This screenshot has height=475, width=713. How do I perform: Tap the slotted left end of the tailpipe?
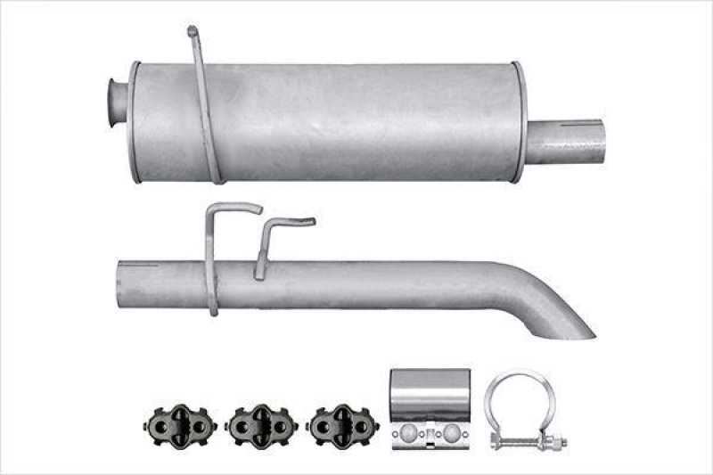coord(129,282)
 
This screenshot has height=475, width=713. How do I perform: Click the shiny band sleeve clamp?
coord(430,397)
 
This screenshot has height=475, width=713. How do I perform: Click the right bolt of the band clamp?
coord(452,434)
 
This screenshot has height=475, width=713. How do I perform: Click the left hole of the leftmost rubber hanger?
coord(157,426)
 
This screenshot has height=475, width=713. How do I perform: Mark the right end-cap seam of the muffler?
coord(518,122)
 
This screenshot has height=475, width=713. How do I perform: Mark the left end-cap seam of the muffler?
coord(135,122)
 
